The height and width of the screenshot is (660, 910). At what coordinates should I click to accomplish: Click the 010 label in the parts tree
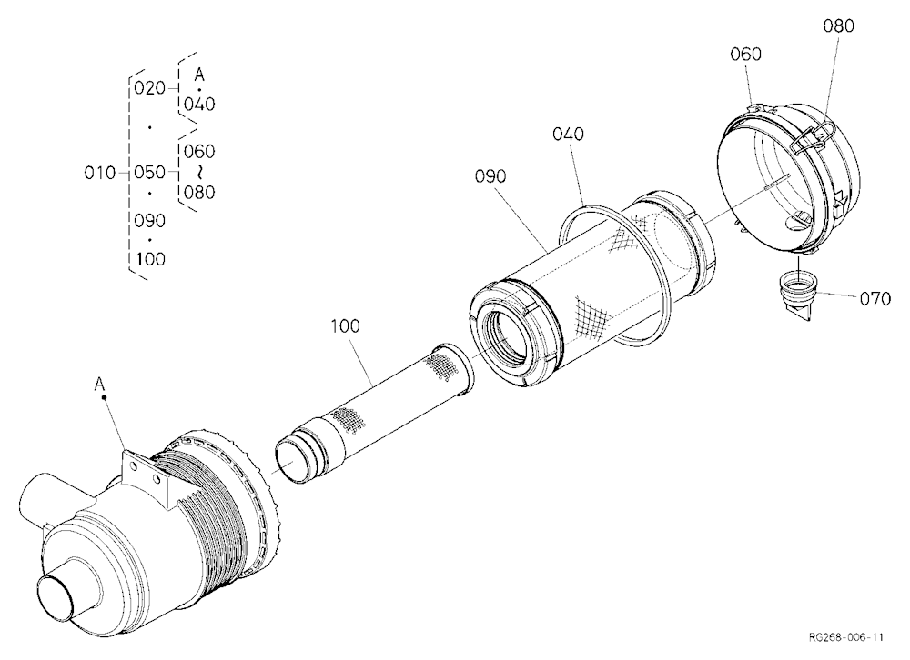(99, 173)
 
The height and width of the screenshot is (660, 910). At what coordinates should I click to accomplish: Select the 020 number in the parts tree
(150, 88)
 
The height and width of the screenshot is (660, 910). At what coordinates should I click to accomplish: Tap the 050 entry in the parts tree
(150, 172)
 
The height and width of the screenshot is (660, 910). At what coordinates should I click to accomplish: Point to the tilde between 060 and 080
(199, 172)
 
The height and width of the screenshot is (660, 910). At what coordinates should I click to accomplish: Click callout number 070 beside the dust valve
(875, 299)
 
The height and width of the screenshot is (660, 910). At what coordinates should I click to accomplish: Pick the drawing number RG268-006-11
(845, 637)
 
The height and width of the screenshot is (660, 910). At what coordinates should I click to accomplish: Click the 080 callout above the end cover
(838, 26)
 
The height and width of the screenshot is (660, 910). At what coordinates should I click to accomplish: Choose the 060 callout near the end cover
(745, 54)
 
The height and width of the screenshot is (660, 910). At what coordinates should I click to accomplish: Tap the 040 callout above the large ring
(568, 134)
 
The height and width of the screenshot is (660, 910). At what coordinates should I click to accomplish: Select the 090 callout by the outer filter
(490, 175)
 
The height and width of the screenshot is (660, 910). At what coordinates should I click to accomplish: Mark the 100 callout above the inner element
(345, 326)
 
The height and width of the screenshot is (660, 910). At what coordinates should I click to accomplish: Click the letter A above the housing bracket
(99, 384)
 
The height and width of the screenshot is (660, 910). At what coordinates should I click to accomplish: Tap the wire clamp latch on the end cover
(812, 138)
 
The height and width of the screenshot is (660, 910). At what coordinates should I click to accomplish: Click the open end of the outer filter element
(509, 338)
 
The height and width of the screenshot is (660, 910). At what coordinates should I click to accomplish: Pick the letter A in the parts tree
(199, 75)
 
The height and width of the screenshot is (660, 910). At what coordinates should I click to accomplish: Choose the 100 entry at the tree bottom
(150, 259)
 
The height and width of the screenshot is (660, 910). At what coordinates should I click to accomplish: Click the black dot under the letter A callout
(105, 397)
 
